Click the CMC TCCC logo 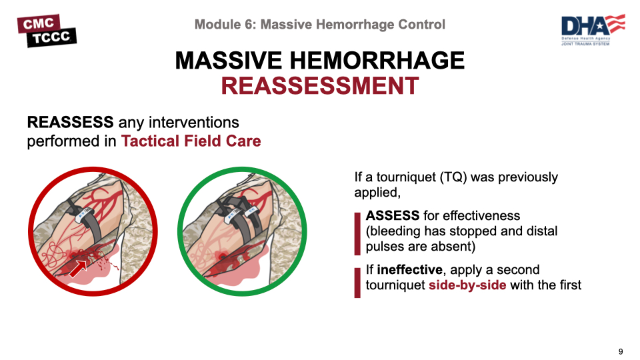[47, 31]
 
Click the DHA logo [593, 30]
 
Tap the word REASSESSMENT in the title [320, 86]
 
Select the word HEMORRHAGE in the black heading [377, 61]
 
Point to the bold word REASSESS [70, 122]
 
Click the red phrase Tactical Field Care [191, 141]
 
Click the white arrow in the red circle [78, 269]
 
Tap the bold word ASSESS [392, 215]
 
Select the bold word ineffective [409, 270]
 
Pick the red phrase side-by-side [467, 285]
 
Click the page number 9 [621, 351]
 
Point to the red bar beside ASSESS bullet [357, 233]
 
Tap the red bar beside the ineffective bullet [357, 283]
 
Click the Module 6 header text [319, 25]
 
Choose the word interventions [193, 122]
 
